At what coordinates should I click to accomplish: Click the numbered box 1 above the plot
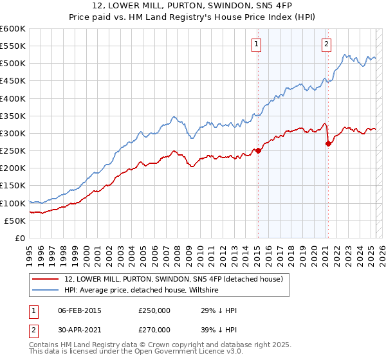[256, 44]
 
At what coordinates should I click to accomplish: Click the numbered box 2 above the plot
[327, 44]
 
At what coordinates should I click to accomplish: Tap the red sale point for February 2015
[258, 151]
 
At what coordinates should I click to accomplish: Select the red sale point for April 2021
[328, 144]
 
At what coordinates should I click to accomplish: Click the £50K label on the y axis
[15, 221]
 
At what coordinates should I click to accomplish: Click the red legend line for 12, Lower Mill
[46, 279]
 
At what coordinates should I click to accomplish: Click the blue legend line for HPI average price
[46, 291]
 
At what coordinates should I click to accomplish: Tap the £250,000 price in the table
[154, 310]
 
